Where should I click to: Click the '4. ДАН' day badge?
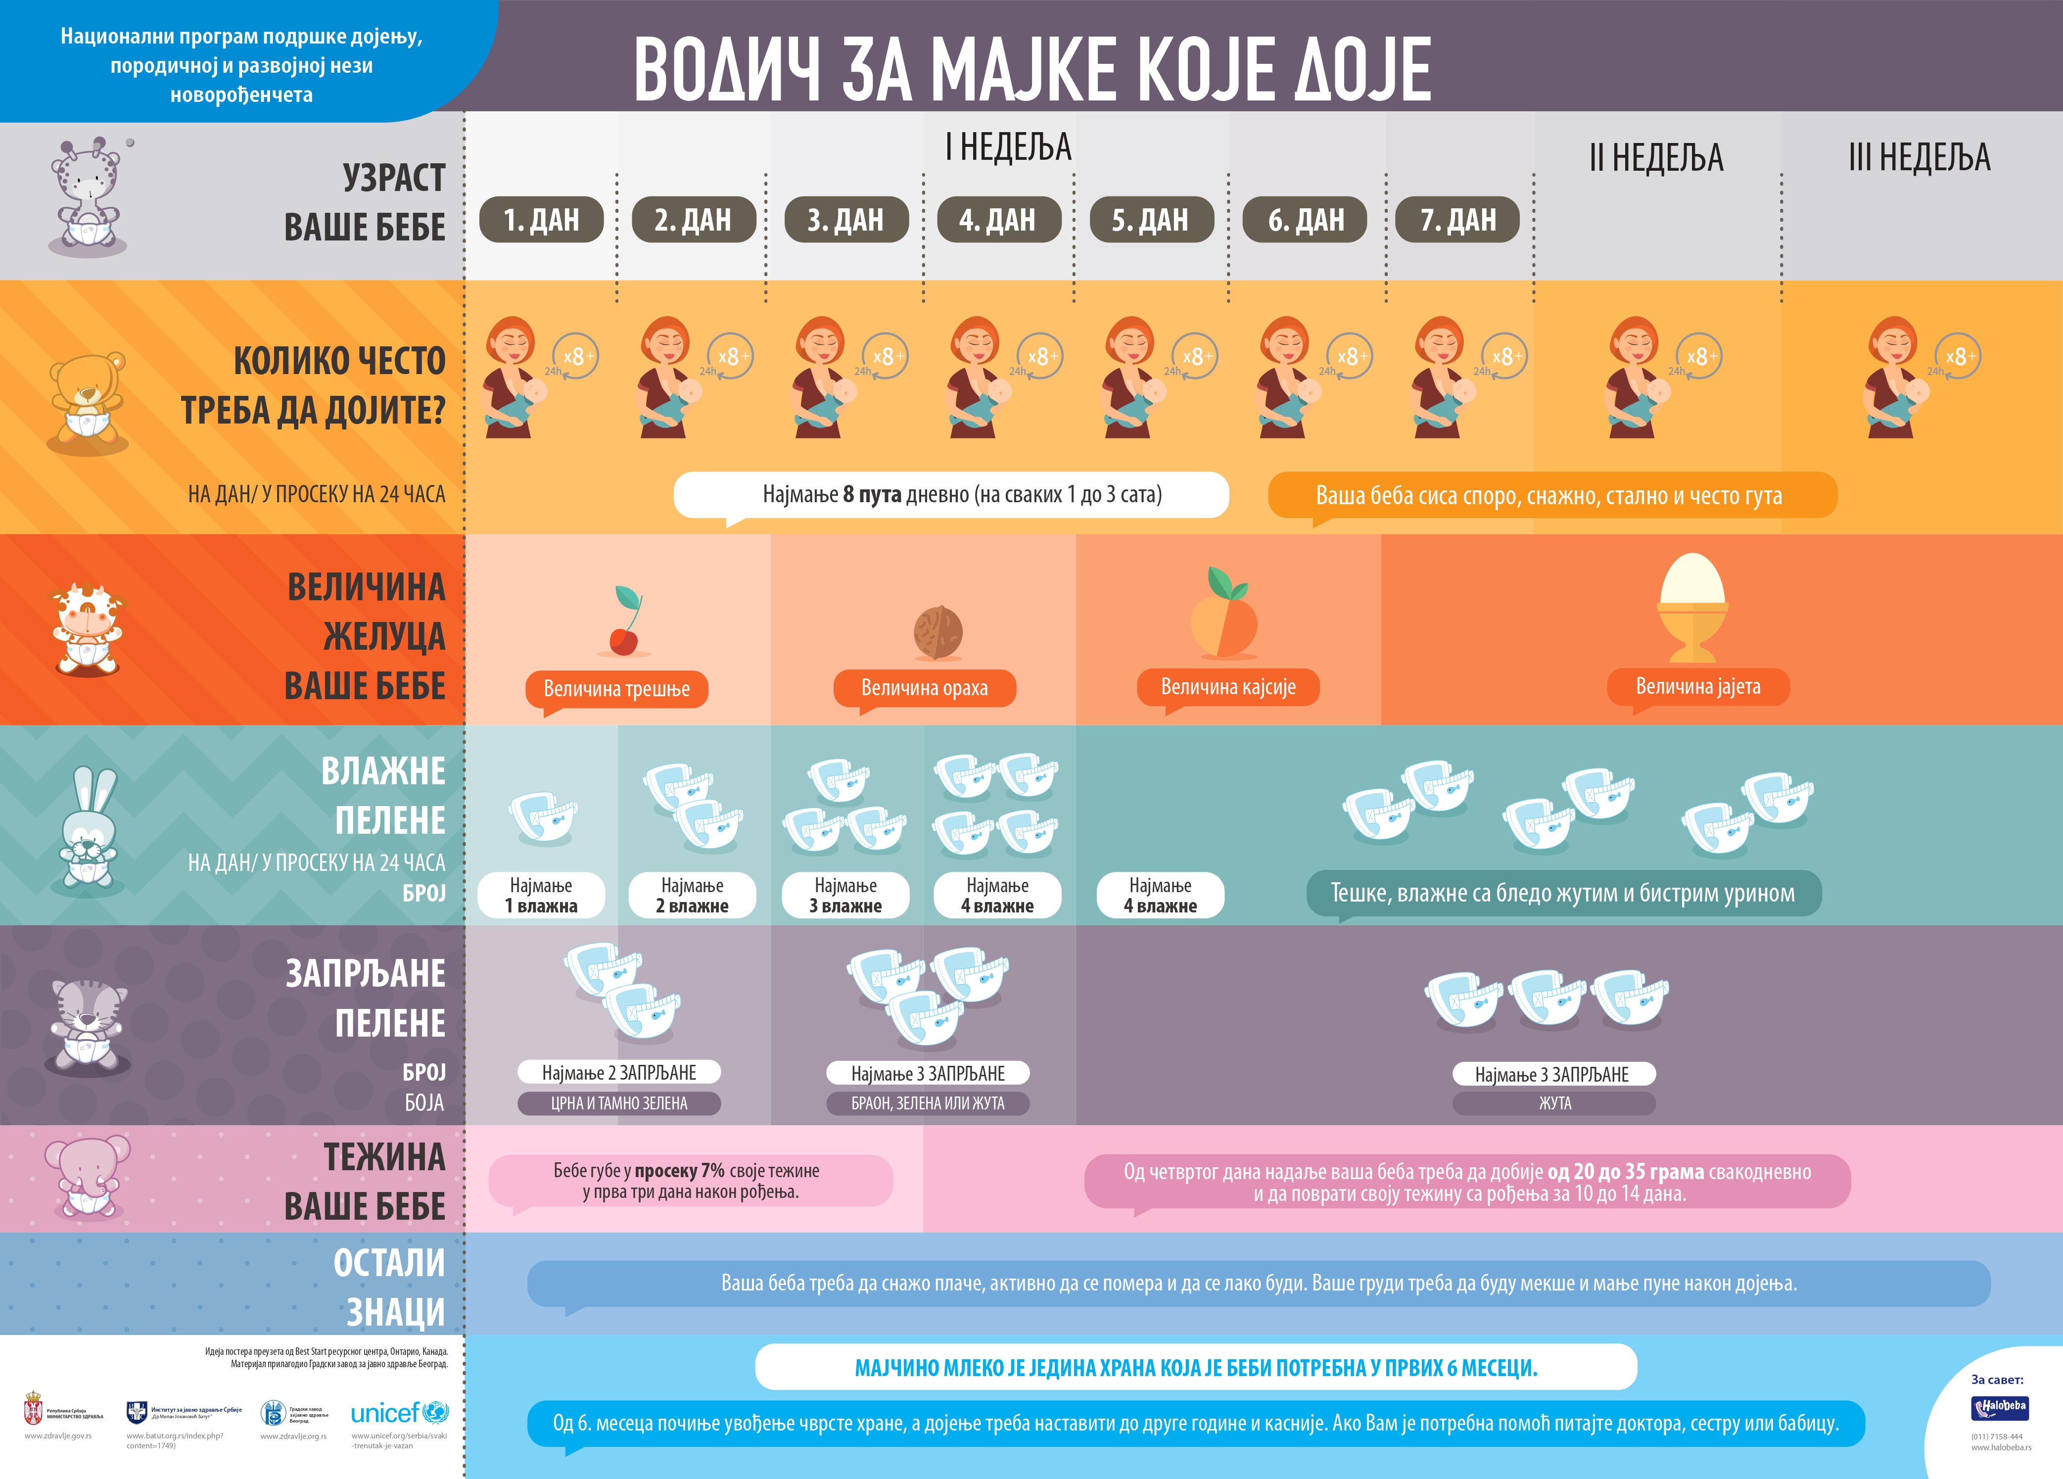coord(998,219)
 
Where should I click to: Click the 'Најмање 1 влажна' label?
coord(541,895)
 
